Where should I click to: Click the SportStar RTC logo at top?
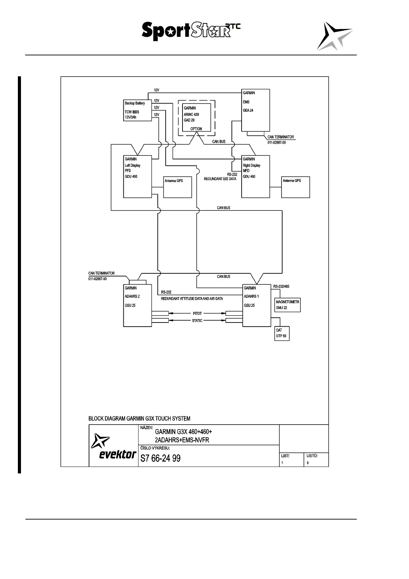coord(191,31)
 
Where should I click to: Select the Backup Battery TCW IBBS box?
coord(137,110)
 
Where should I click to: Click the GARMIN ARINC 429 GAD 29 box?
coord(196,117)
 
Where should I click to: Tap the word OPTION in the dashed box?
coord(196,129)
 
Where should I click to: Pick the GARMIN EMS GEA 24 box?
coord(255,110)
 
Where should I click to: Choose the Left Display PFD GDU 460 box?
coord(137,176)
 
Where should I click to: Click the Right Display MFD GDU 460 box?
coord(255,176)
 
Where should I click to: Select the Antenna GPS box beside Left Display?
coord(177,187)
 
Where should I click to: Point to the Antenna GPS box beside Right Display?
coord(295,187)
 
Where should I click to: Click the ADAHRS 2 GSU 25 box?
coord(137,305)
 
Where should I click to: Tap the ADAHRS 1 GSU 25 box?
coord(256,305)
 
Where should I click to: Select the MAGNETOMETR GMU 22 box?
coord(287,305)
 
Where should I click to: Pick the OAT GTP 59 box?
coord(282,333)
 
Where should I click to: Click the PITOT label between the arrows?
coord(197,314)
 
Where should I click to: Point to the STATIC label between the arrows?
coord(197,321)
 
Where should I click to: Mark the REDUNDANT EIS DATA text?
coord(220,179)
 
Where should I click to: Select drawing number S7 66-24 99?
coord(160,458)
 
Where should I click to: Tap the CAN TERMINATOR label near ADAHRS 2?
coord(101,273)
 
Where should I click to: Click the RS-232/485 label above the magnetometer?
coord(284,286)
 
